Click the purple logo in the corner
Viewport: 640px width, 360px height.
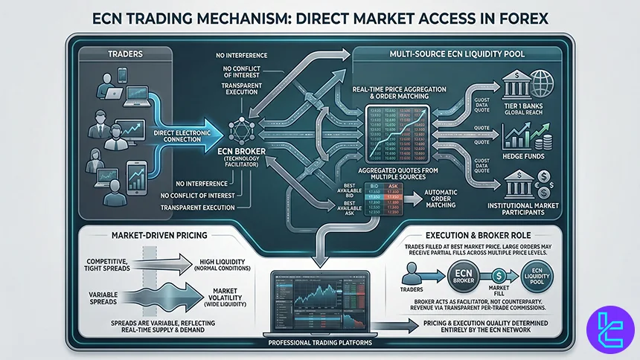608,332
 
